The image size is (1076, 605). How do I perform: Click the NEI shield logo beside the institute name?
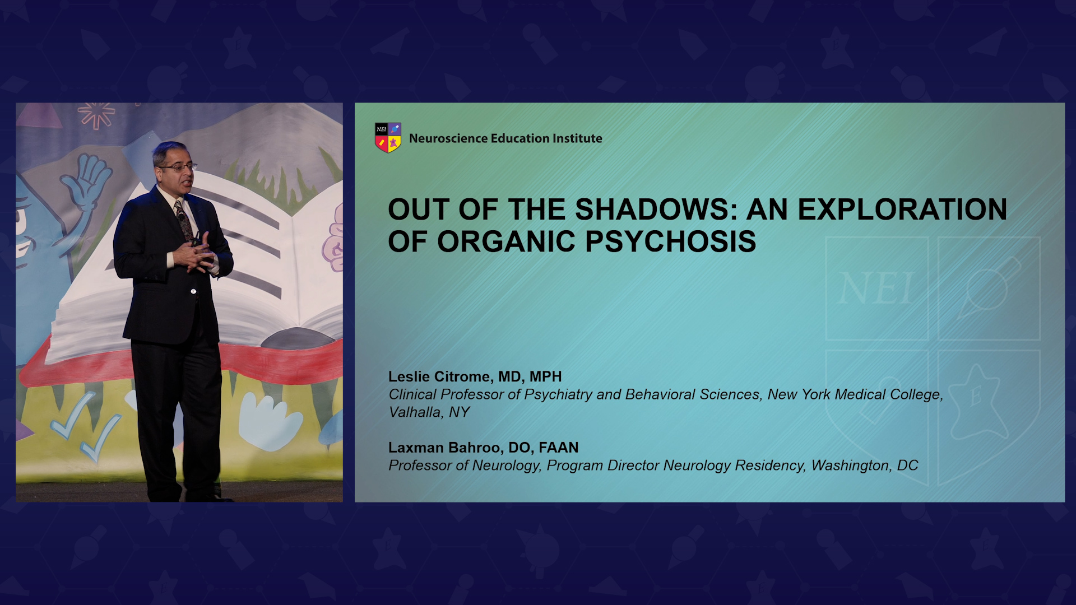[x=388, y=138]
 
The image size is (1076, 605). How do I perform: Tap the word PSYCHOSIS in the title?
[x=671, y=241]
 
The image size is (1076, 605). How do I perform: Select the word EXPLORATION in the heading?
[x=902, y=210]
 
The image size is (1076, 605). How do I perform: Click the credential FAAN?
[x=559, y=448]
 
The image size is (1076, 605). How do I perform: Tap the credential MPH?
[x=546, y=376]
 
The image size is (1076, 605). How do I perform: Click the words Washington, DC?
[x=865, y=466]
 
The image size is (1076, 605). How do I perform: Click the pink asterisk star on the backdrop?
[x=97, y=115]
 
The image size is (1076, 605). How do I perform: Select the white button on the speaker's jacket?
[x=193, y=291]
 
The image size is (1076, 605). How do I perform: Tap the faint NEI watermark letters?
[x=876, y=289]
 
